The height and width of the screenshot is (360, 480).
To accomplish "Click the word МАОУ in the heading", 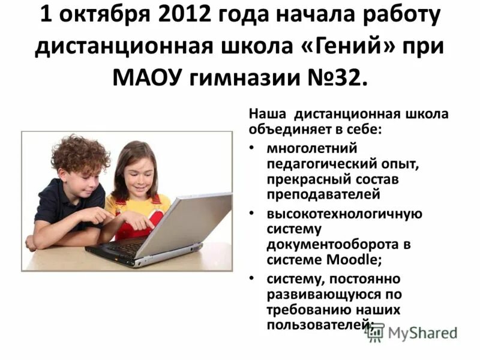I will [148, 78].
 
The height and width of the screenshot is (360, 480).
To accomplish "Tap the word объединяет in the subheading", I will [286, 128].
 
